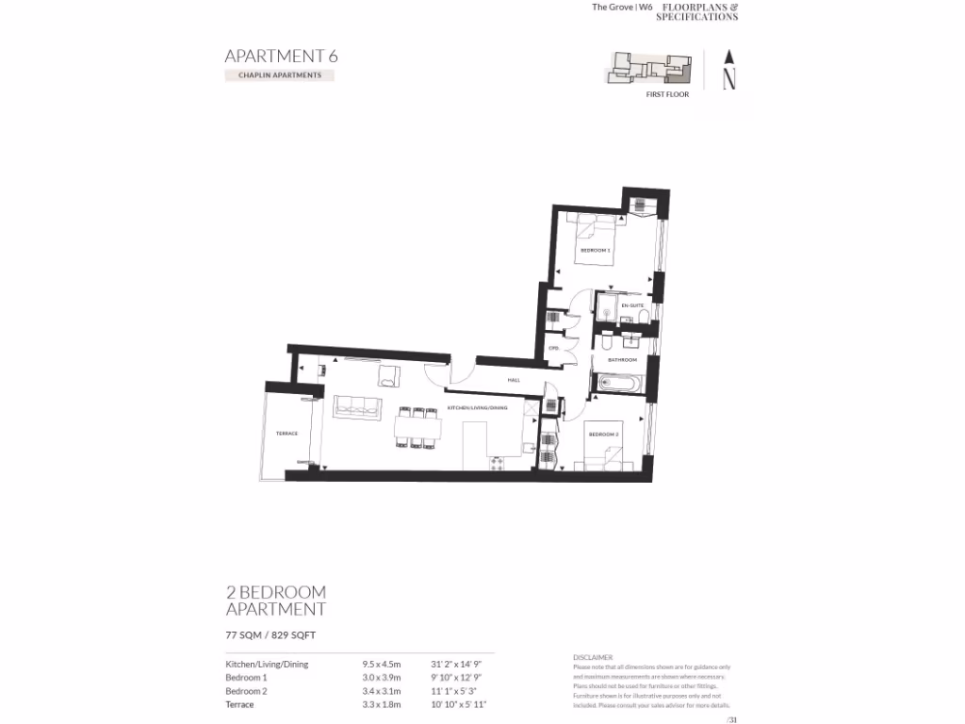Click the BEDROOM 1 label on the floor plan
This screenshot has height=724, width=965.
pos(595,251)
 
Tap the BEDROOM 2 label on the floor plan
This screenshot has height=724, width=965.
pos(603,435)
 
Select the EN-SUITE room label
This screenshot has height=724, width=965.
pos(631,306)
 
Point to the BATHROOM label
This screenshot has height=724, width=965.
pos(622,360)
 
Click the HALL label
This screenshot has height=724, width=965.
pos(514,380)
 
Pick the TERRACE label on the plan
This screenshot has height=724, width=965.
pos(286,434)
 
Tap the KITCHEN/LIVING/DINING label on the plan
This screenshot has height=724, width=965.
pos(477,408)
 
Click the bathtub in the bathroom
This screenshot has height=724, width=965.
pos(617,384)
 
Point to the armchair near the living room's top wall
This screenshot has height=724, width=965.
pos(389,376)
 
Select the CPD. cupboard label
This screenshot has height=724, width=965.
pos(554,349)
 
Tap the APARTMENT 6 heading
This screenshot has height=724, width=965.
pos(281,56)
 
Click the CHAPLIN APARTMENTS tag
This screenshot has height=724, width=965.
pos(280,75)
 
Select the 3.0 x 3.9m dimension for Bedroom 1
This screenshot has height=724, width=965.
pos(382,677)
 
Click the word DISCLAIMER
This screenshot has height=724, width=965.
pos(593,657)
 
